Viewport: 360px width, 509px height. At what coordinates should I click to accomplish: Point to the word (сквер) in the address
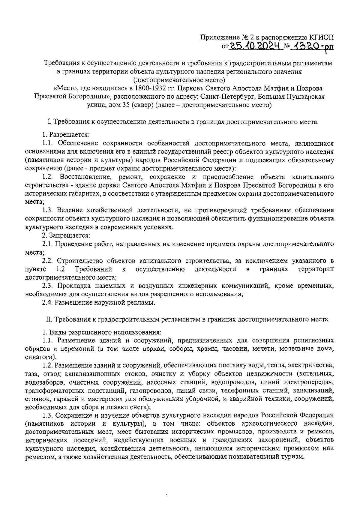[x=135, y=105]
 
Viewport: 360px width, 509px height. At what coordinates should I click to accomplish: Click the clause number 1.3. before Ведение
[x=47, y=210]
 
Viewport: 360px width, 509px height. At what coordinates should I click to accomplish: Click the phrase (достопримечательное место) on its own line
[x=179, y=80]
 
